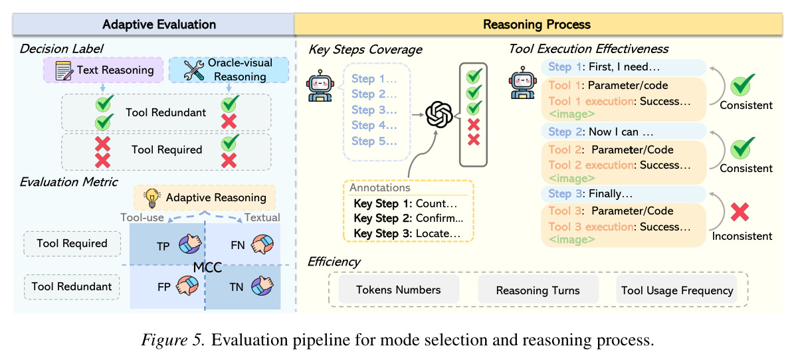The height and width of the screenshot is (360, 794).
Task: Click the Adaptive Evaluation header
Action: pos(159,25)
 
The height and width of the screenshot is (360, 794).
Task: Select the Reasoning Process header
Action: pos(537,25)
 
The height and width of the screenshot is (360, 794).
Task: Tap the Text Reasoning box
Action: pos(103,70)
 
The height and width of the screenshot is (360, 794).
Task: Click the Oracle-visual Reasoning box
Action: pos(228,70)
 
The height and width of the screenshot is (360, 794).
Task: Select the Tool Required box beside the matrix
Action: pos(72,244)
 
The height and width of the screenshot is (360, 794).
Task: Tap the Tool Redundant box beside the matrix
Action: pos(72,286)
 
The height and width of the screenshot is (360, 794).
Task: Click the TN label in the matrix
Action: pos(237,288)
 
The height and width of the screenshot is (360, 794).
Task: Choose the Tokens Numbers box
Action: pos(399,290)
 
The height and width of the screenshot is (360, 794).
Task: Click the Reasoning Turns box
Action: pos(538,290)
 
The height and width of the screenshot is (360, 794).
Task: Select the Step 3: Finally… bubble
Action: pos(623,194)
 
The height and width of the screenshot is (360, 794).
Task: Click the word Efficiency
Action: pos(334,262)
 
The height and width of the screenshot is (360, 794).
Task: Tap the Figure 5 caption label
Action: pos(173,340)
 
